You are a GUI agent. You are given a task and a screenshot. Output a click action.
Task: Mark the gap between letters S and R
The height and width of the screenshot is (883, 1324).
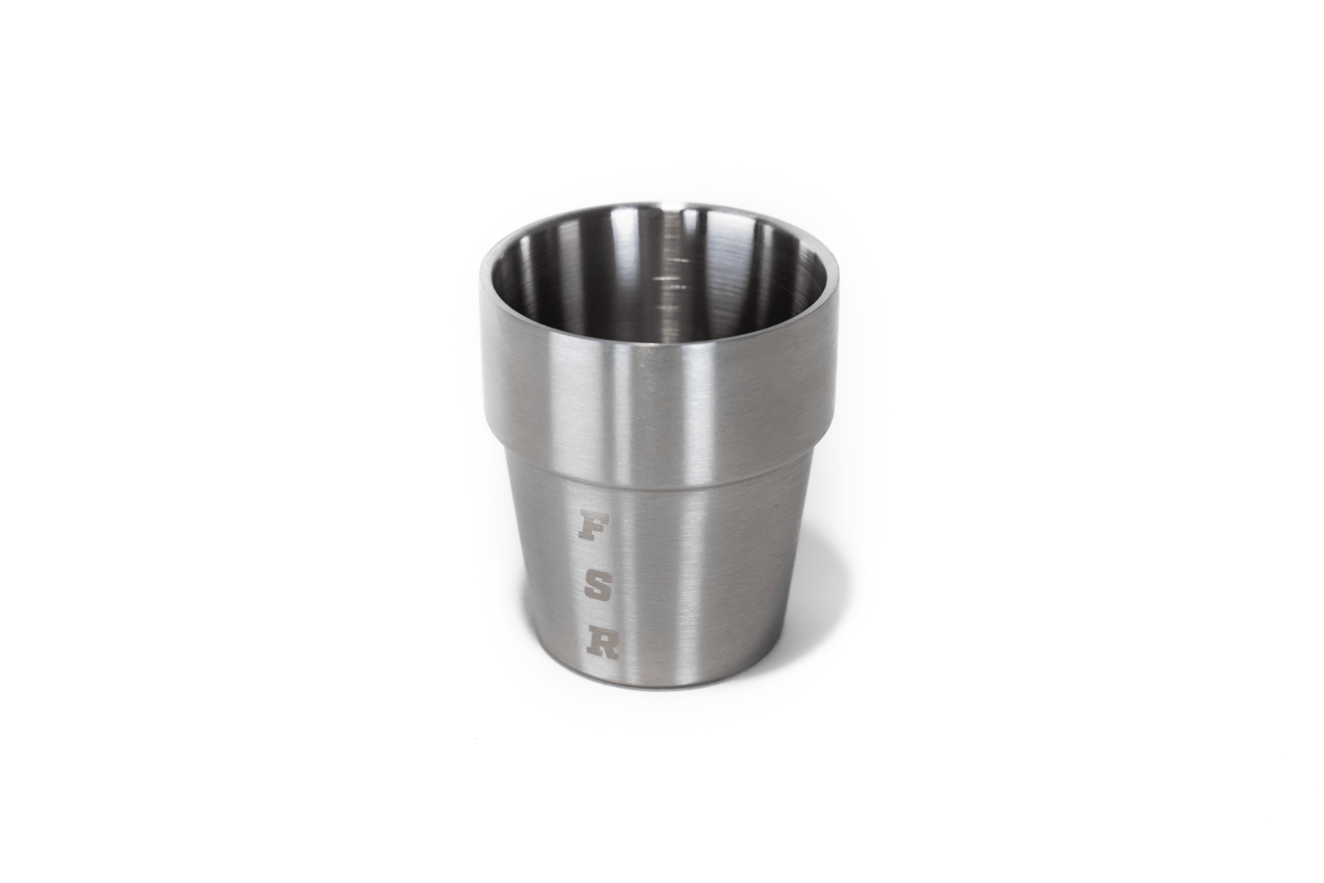point(600,619)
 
